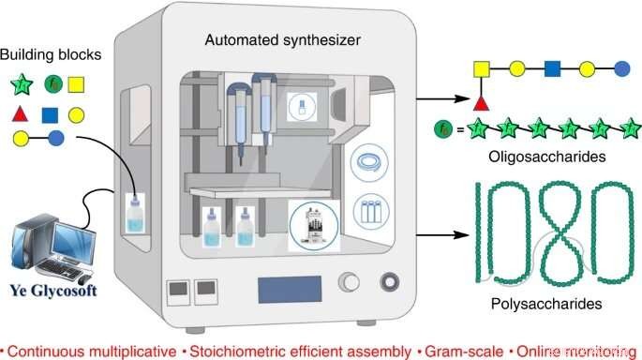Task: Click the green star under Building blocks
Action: click(x=20, y=86)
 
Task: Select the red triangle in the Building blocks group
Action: click(x=20, y=115)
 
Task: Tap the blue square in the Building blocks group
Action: click(x=50, y=115)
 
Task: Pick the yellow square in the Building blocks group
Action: click(x=78, y=86)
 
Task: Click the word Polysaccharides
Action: click(x=545, y=304)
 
